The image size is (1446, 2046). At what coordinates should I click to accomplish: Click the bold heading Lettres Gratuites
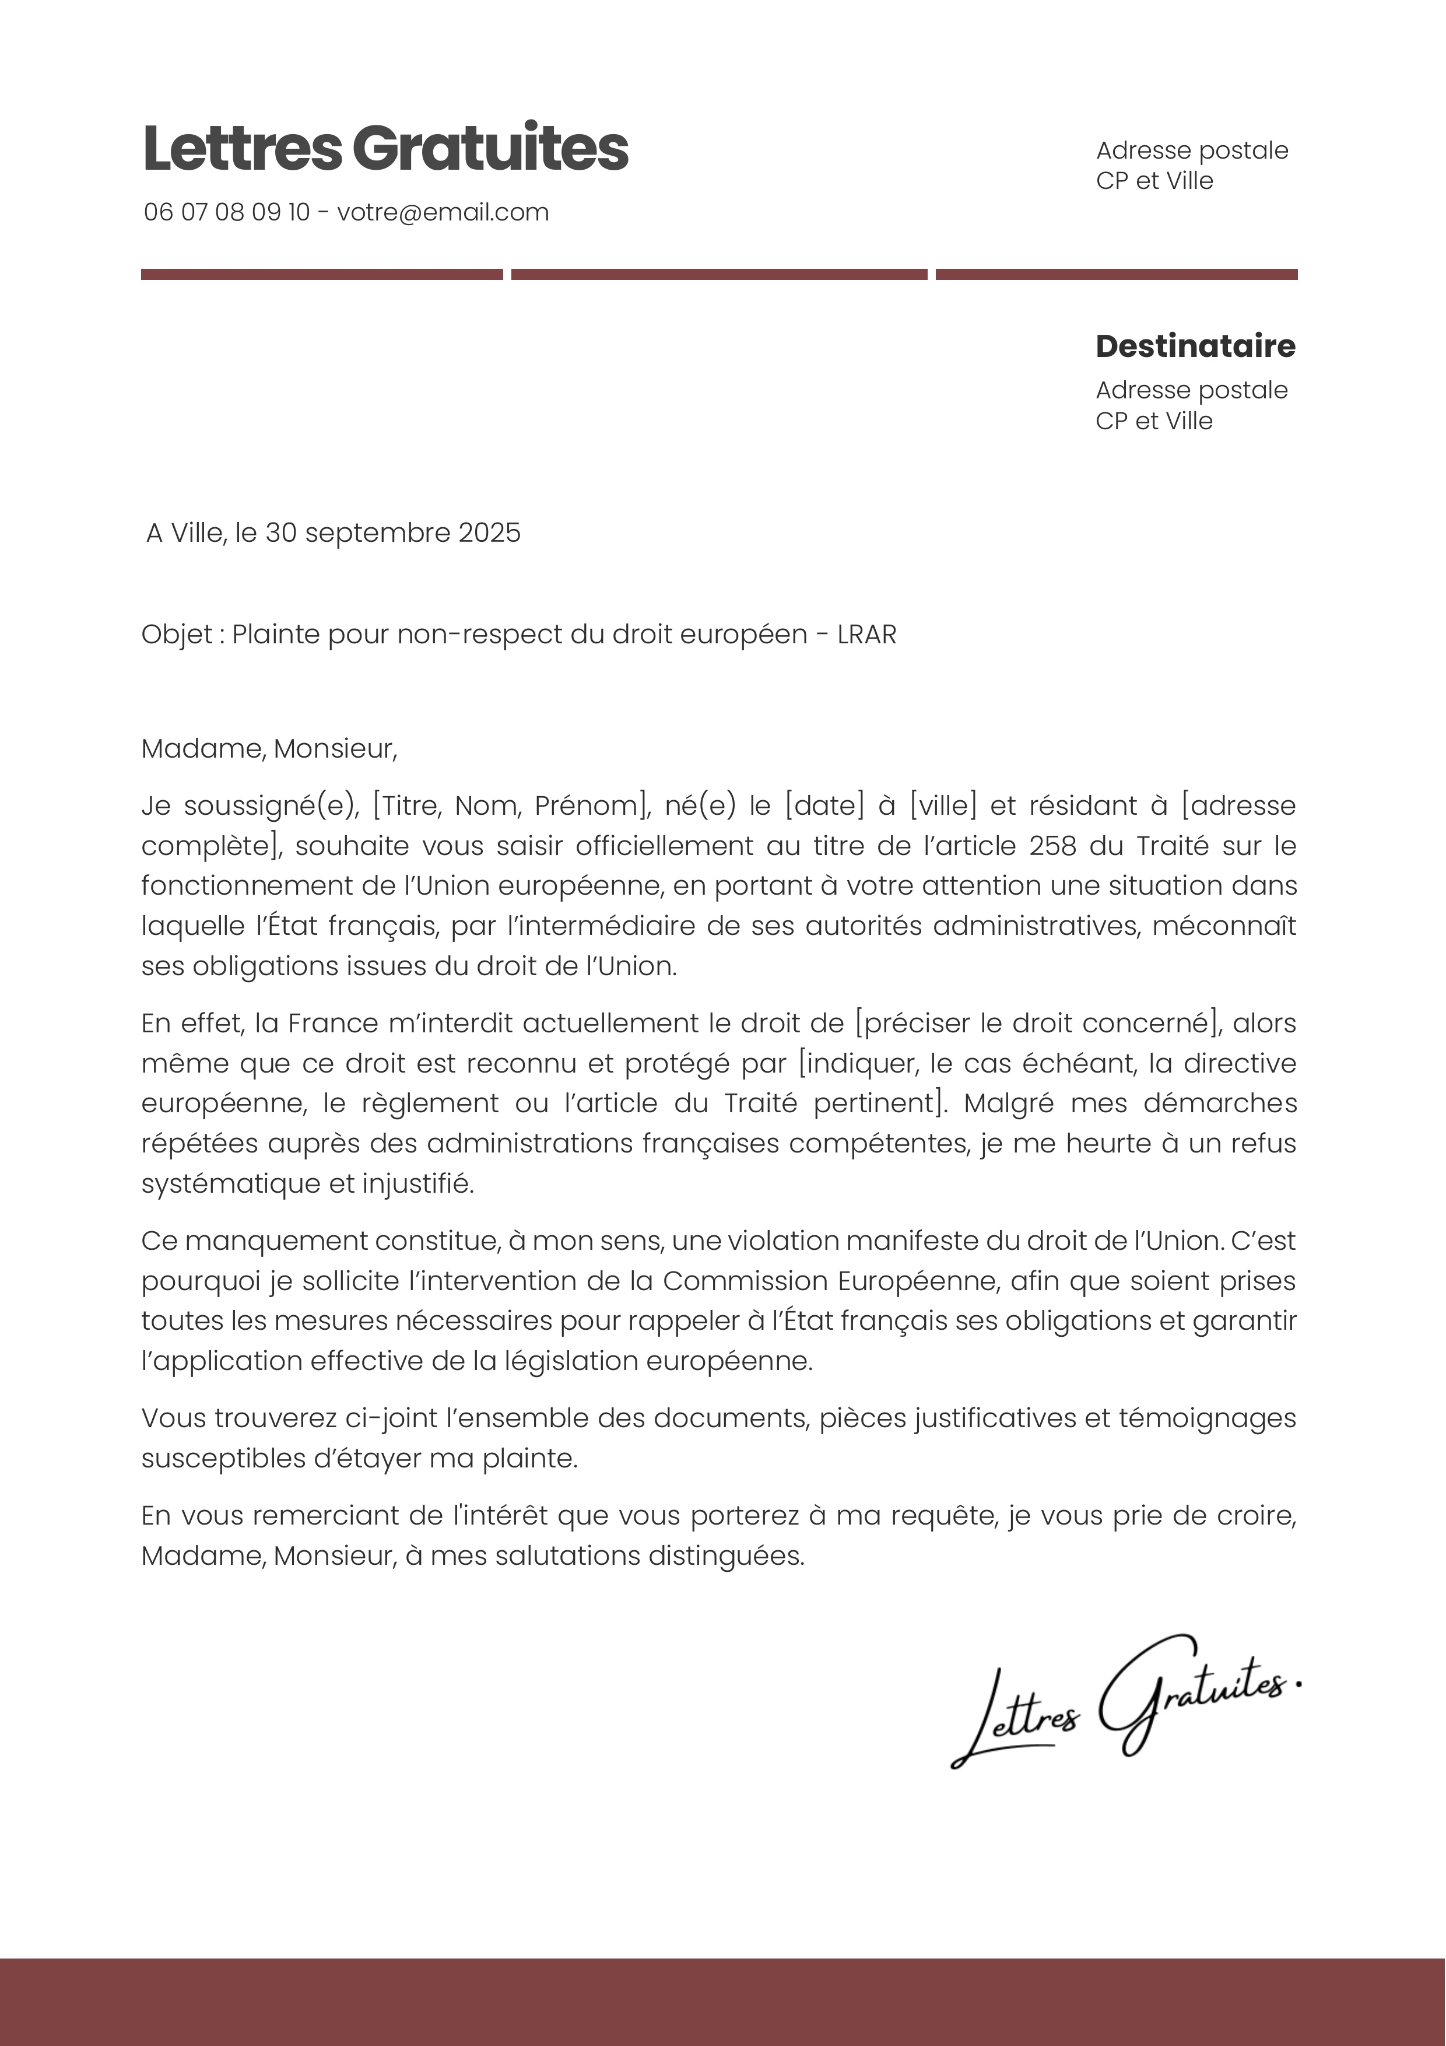point(385,148)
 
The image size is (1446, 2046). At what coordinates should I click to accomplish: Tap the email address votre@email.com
point(443,212)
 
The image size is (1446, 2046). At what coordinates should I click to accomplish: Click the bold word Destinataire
point(1195,346)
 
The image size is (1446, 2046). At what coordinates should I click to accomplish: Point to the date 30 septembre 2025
point(393,533)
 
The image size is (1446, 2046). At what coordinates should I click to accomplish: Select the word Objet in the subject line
point(177,635)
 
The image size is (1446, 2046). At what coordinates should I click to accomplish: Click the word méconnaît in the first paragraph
point(1224,926)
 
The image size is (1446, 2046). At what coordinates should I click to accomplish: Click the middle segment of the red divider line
point(719,275)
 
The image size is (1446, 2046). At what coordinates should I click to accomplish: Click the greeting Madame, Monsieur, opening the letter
point(269,748)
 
